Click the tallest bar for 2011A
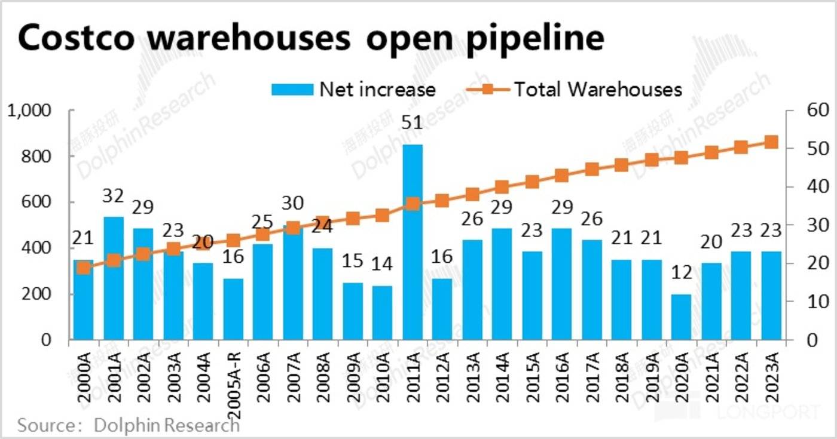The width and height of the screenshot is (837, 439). (x=413, y=242)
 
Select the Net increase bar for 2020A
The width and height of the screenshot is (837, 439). (x=682, y=317)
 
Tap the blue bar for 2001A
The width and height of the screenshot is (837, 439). (x=114, y=278)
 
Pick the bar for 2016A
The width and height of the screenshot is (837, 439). (x=562, y=284)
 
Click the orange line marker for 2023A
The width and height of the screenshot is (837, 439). (x=771, y=142)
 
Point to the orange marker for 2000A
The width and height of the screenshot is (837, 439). (x=84, y=268)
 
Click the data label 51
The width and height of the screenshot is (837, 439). (x=413, y=124)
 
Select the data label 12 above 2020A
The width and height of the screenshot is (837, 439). (x=682, y=273)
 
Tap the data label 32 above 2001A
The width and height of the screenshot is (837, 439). (x=114, y=196)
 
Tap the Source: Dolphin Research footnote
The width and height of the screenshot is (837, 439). (x=129, y=425)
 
